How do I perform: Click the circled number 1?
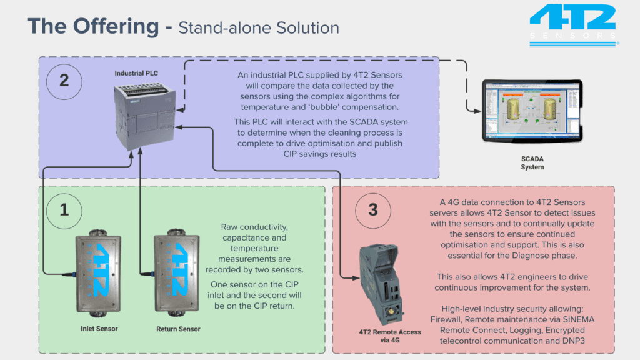coord(64,209)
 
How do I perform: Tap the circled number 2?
coord(64,81)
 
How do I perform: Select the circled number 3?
coord(373,209)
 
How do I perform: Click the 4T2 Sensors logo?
coord(573,25)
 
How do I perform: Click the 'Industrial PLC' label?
coord(136,73)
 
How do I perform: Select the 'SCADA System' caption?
coord(532,163)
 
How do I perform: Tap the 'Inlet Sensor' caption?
coord(99,328)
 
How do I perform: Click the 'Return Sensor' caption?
coord(178,328)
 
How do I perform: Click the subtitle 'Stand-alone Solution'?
coord(259,28)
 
